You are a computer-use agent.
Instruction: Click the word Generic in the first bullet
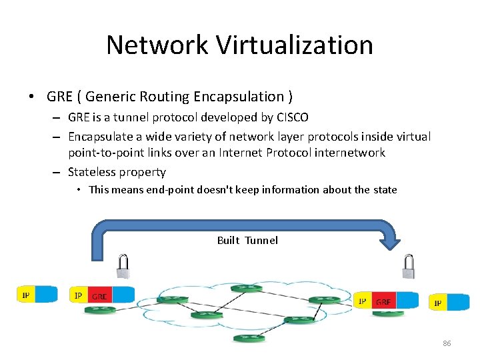click(x=111, y=97)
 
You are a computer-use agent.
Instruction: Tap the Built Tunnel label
click(x=247, y=240)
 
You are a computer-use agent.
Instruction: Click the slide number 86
click(x=447, y=343)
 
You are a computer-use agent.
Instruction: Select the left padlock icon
click(x=123, y=266)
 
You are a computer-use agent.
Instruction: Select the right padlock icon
click(x=409, y=268)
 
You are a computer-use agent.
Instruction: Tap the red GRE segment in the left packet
click(x=99, y=295)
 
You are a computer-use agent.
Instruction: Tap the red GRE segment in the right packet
click(x=383, y=301)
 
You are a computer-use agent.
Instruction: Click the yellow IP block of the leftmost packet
click(x=25, y=295)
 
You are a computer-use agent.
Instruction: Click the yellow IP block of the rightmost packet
click(x=438, y=303)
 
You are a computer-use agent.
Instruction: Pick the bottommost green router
click(x=249, y=338)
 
